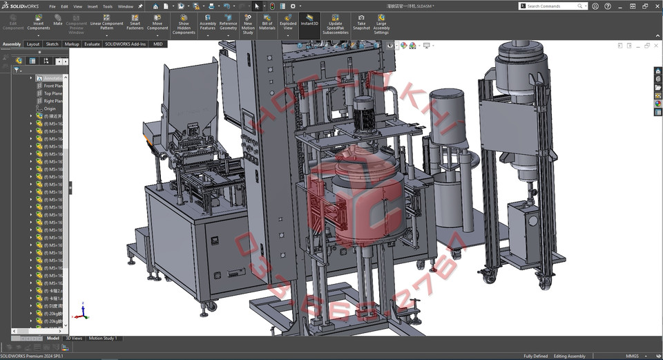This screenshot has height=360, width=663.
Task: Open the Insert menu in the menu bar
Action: (x=93, y=6)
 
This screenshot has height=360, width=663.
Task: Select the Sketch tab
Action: (x=52, y=44)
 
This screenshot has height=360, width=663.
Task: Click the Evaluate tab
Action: (x=92, y=44)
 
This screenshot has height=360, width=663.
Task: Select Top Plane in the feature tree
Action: (x=53, y=93)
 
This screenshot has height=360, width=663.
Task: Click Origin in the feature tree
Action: (x=50, y=108)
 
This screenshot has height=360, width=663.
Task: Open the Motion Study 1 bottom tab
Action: (x=103, y=339)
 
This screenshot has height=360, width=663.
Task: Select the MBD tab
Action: (x=158, y=44)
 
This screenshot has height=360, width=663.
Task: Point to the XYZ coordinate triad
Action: (x=81, y=312)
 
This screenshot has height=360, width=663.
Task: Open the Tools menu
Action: (x=107, y=6)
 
